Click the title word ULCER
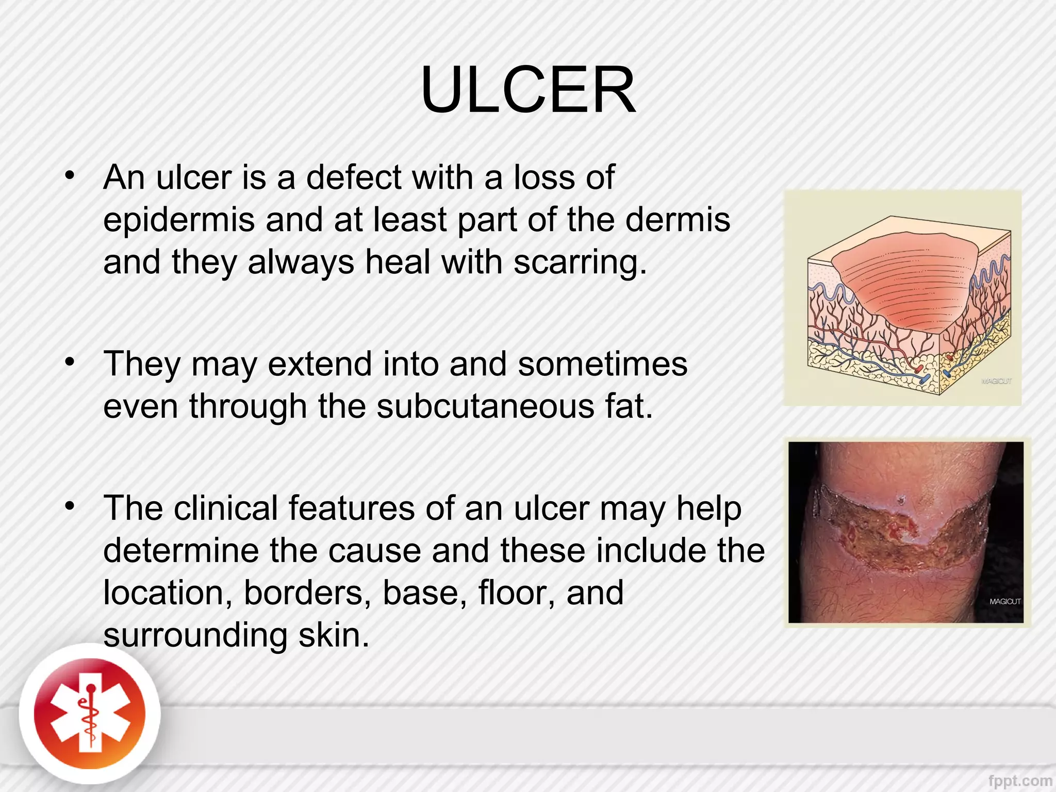pyautogui.click(x=528, y=90)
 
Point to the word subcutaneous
pyautogui.click(x=485, y=407)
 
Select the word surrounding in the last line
pyautogui.click(x=195, y=636)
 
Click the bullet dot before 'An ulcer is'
pyautogui.click(x=70, y=175)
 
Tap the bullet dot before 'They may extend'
pyautogui.click(x=70, y=362)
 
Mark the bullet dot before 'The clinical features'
pyautogui.click(x=70, y=506)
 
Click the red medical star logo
pyautogui.click(x=90, y=715)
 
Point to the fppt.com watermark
pyautogui.click(x=1020, y=782)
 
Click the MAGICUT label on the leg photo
pyautogui.click(x=1004, y=602)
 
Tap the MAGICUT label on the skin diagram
pyautogui.click(x=996, y=381)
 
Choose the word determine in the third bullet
pyautogui.click(x=181, y=551)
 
